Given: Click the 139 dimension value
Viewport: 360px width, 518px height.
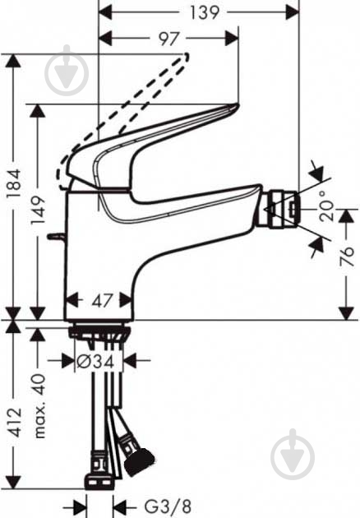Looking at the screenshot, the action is click(x=205, y=13).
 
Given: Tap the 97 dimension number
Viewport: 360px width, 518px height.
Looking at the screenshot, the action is click(x=168, y=39).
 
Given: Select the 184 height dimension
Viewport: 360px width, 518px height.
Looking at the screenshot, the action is click(x=15, y=184).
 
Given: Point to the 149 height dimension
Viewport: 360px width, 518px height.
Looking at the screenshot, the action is click(x=38, y=210).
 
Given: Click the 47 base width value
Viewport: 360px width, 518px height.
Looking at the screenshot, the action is click(x=101, y=300).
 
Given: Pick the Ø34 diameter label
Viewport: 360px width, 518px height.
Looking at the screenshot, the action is click(x=96, y=361).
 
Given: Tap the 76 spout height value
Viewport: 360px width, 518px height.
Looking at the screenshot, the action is click(x=346, y=257).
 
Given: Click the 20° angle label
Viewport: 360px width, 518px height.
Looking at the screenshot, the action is click(x=326, y=206).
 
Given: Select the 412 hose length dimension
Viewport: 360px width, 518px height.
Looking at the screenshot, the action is click(x=15, y=423).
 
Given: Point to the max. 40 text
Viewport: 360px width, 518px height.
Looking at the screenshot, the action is click(x=39, y=405).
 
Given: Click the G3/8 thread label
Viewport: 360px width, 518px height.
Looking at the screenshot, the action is click(x=168, y=506).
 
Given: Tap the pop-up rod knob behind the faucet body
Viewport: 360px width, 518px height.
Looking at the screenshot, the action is click(x=56, y=237).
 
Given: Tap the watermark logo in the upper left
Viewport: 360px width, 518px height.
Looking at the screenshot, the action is click(x=67, y=70).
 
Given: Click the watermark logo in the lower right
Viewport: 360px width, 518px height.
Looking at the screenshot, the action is click(x=293, y=455).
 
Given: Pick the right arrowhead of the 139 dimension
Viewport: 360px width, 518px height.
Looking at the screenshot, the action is click(x=292, y=13).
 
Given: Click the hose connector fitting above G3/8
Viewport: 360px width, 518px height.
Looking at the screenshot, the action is click(x=99, y=470).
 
